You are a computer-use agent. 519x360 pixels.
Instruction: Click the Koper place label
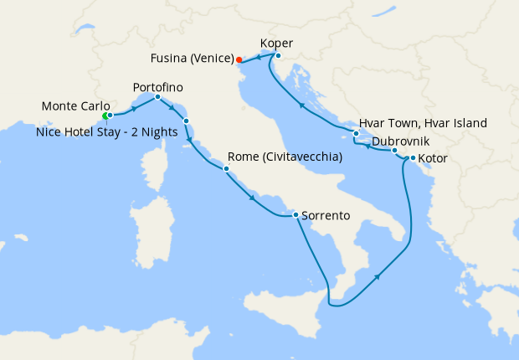coord(277,43)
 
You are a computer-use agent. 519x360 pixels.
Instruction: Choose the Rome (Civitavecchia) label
coord(285,157)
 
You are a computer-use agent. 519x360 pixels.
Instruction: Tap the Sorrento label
coord(325,215)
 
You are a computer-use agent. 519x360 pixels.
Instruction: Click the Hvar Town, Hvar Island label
coord(423,123)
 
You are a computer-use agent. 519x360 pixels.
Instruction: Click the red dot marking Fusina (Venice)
coord(239,59)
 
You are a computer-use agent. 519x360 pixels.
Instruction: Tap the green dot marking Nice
coord(105,116)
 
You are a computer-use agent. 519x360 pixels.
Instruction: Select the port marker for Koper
coord(278,56)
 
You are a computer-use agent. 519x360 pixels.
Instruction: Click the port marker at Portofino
coord(158,97)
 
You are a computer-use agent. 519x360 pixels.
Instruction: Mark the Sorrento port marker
coord(295,215)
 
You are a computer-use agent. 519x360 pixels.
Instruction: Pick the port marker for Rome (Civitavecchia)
coord(226,169)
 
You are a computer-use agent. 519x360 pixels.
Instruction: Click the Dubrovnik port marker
coord(394,151)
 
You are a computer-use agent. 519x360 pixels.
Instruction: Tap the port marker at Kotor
coord(413,157)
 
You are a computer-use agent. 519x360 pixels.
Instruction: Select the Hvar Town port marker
coord(356,134)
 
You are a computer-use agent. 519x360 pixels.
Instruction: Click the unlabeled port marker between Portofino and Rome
coord(187,121)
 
